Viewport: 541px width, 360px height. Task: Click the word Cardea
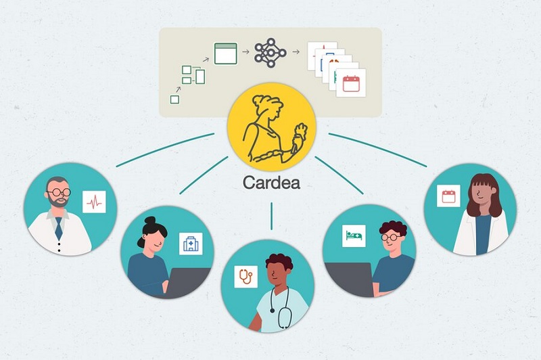coord(271,183)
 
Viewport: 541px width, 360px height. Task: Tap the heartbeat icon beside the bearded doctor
coord(94,202)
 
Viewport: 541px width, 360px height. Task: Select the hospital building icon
coord(191,244)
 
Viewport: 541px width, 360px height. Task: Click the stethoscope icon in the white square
coord(246,277)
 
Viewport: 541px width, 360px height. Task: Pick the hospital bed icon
coord(354,235)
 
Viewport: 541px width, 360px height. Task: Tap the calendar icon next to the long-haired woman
coord(448,196)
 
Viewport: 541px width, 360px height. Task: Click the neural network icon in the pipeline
coord(270,53)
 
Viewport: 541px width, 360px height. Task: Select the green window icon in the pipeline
coord(226,53)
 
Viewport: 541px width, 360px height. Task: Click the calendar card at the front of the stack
coord(351,83)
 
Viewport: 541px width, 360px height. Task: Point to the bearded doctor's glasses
coord(59,192)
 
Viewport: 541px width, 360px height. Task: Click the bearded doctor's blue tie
coord(59,229)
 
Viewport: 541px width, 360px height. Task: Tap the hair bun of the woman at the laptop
coord(150,221)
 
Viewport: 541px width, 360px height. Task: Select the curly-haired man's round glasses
coord(391,238)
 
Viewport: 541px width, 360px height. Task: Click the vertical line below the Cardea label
coord(272,216)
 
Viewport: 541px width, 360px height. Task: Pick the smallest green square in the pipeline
coord(174,99)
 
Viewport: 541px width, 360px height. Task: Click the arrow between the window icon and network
coord(245,52)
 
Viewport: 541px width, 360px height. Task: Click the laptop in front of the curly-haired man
coord(348,279)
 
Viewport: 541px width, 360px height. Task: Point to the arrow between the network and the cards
coord(296,52)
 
